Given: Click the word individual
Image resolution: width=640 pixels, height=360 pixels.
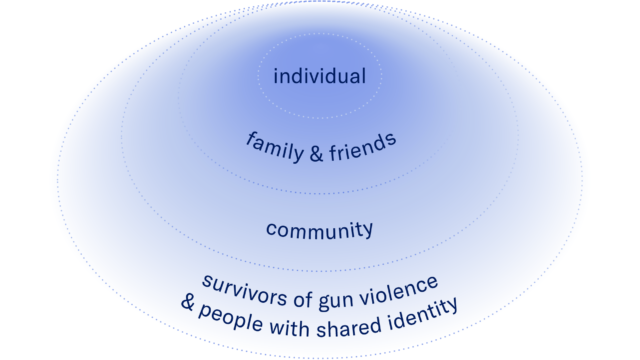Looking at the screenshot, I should pyautogui.click(x=320, y=76).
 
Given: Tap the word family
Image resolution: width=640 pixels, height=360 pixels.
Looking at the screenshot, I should pyautogui.click(x=272, y=146).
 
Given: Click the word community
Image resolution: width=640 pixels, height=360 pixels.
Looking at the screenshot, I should pyautogui.click(x=319, y=230).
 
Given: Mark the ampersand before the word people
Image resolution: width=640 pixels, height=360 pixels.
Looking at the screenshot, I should pyautogui.click(x=188, y=302).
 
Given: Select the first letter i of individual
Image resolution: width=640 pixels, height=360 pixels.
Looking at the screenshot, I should pyautogui.click(x=276, y=76).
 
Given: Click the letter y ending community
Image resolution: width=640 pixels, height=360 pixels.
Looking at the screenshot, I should pyautogui.click(x=368, y=231).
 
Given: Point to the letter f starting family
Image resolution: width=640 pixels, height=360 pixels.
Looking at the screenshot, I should pyautogui.click(x=250, y=137).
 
